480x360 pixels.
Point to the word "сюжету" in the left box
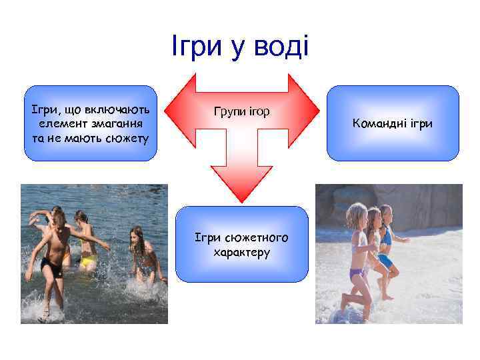129,138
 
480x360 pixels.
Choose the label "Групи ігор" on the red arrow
241,111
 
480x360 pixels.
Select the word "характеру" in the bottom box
241,253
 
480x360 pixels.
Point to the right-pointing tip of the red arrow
318,111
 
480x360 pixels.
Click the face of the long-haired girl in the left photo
138,237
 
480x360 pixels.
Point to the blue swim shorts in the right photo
385,260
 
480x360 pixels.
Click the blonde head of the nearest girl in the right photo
357,215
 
